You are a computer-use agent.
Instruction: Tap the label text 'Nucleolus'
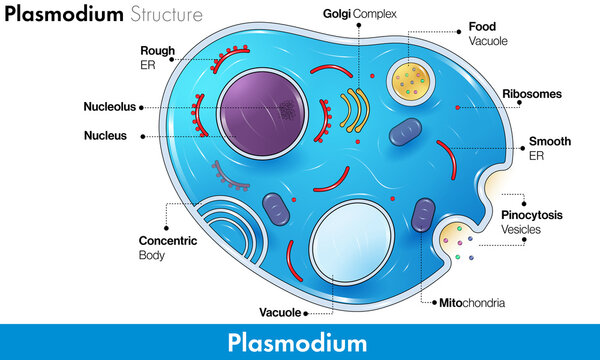click(111, 107)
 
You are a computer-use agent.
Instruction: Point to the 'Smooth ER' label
click(550, 148)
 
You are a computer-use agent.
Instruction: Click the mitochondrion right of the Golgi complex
click(406, 135)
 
